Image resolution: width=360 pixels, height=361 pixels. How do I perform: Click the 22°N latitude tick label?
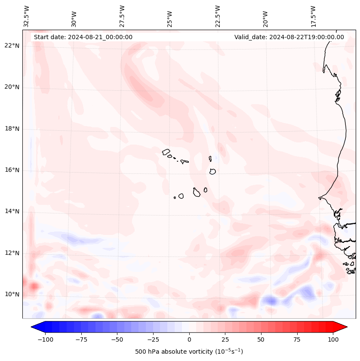pyautogui.click(x=12, y=46)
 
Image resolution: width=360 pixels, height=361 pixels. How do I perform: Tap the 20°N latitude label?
pyautogui.click(x=12, y=87)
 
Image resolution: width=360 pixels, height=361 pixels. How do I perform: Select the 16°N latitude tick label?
pyautogui.click(x=12, y=170)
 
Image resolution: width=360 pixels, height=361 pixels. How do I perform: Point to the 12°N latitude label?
pyautogui.click(x=12, y=253)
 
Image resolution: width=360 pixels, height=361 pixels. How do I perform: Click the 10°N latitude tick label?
pyautogui.click(x=12, y=294)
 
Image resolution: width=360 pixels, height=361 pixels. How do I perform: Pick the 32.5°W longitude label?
pyautogui.click(x=27, y=16)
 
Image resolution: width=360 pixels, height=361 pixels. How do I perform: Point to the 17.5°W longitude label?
pyautogui.click(x=313, y=16)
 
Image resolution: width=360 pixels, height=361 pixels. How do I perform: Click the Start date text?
pyautogui.click(x=83, y=37)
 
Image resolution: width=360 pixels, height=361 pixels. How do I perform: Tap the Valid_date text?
pyautogui.click(x=289, y=37)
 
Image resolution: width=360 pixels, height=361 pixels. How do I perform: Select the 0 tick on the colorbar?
pyautogui.click(x=189, y=339)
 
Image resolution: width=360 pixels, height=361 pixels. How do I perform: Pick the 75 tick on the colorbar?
pyautogui.click(x=297, y=339)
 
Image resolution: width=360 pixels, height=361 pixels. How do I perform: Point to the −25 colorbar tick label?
pyautogui.click(x=153, y=339)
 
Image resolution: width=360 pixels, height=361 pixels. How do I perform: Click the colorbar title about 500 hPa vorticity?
pyautogui.click(x=189, y=352)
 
